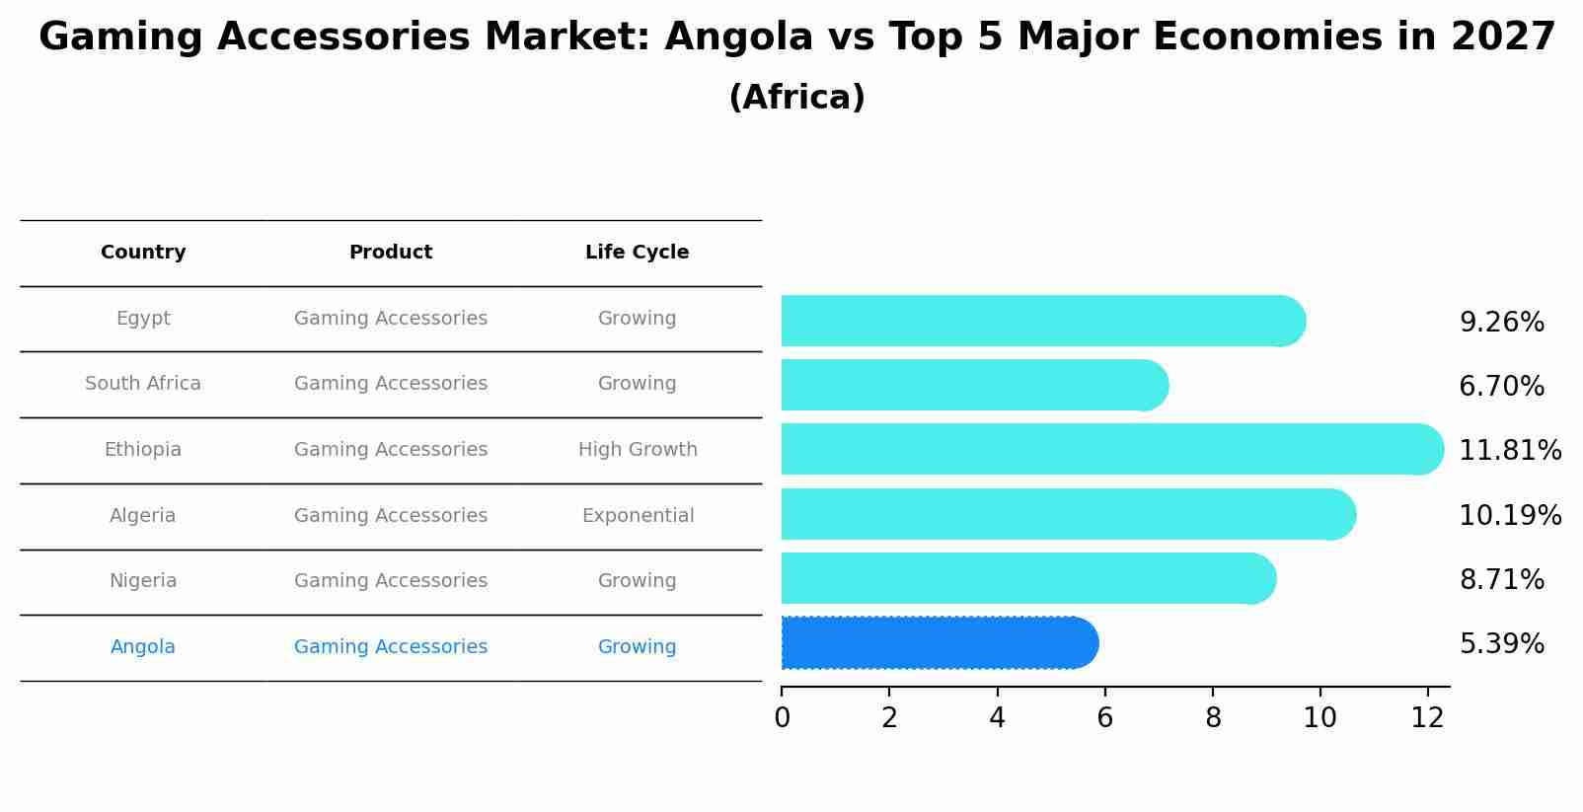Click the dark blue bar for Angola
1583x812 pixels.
(938, 643)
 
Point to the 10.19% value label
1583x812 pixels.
(1509, 516)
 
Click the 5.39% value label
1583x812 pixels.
(1501, 644)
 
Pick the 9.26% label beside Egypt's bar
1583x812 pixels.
(1501, 323)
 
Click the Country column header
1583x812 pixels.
(143, 253)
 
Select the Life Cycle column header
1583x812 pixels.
(637, 253)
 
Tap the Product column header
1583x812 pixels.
(391, 253)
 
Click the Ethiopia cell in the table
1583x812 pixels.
(143, 450)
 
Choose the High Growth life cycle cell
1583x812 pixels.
(638, 450)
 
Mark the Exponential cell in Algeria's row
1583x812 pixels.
(638, 516)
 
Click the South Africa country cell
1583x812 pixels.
(143, 384)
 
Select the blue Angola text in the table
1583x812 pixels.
(143, 647)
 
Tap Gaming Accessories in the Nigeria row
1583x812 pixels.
(391, 581)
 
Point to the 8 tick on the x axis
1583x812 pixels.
(1213, 717)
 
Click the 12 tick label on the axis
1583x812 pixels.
(1427, 717)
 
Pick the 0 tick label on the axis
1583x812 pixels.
(782, 717)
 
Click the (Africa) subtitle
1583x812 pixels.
(796, 98)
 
